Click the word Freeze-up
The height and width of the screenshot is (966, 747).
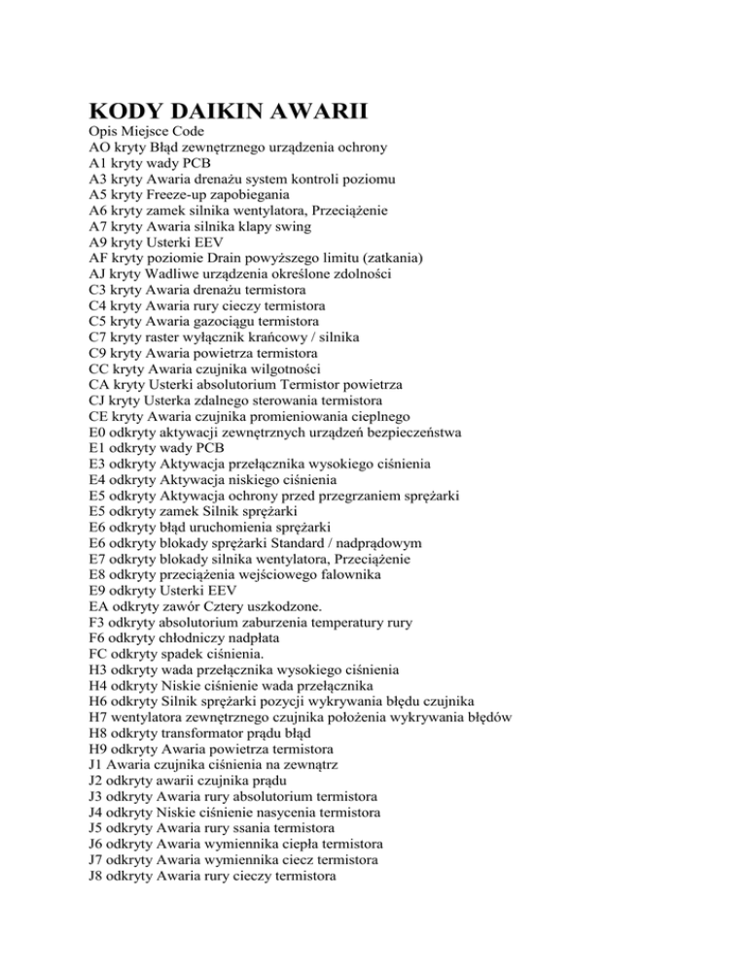click(193, 199)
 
